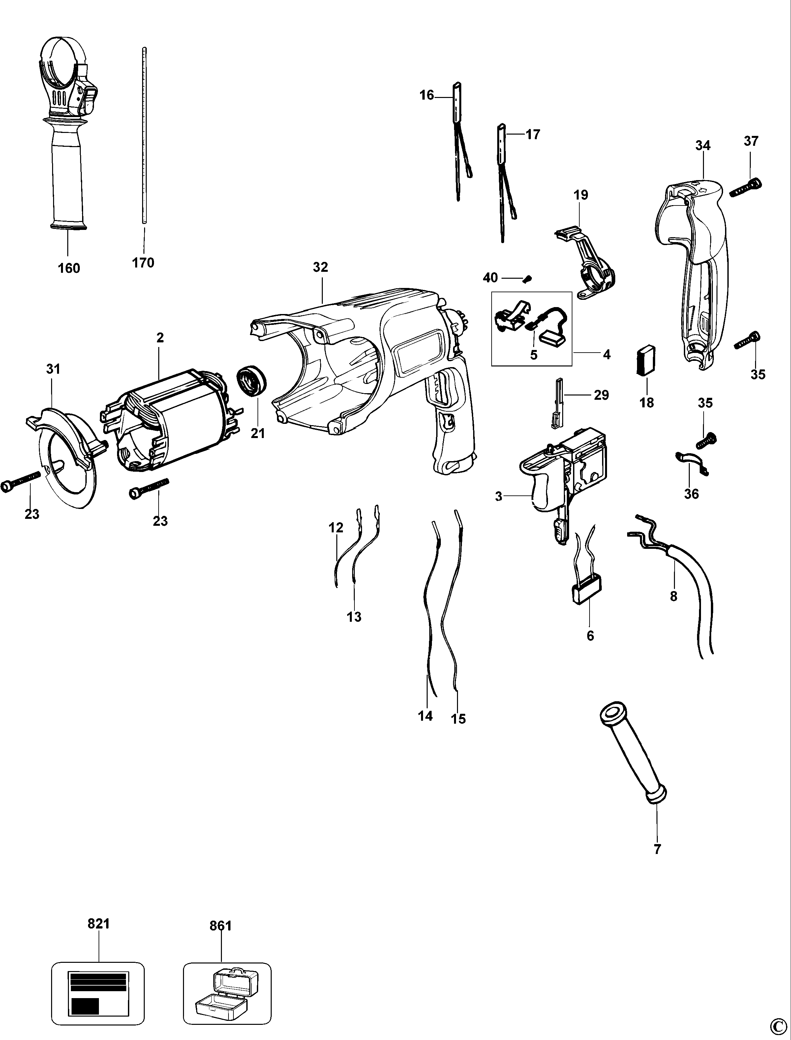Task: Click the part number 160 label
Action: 69,268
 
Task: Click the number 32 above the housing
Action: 320,267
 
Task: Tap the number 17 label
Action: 532,135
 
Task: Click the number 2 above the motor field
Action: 160,337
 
